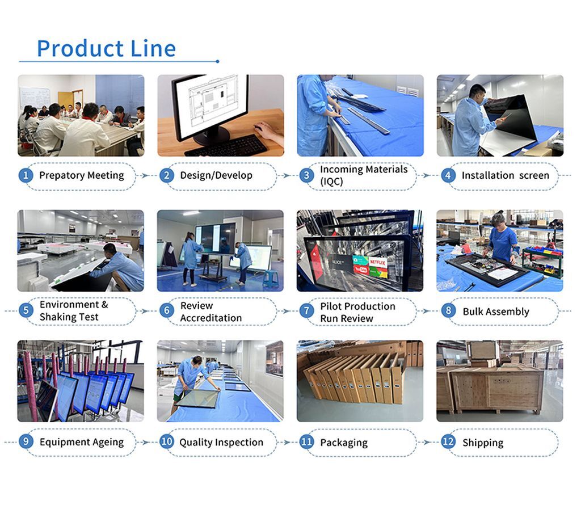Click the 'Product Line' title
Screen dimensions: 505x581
(x=106, y=49)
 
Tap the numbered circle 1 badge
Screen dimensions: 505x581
(x=26, y=175)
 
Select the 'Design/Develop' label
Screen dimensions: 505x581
(x=216, y=175)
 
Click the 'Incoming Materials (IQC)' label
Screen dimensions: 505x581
(x=364, y=175)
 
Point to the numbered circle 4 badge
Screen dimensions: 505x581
(x=448, y=175)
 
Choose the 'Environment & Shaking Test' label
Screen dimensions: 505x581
(x=74, y=310)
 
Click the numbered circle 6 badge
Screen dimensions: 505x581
(x=166, y=310)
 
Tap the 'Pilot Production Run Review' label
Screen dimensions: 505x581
(x=357, y=312)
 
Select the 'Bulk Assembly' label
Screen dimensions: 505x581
(x=495, y=312)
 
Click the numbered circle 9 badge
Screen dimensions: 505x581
(x=26, y=441)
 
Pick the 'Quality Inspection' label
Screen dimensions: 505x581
(x=221, y=442)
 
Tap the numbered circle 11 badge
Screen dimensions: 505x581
(x=307, y=441)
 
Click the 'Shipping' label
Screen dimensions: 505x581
(x=483, y=443)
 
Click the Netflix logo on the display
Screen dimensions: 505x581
(x=378, y=263)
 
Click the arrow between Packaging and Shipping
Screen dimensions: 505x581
(x=428, y=442)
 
